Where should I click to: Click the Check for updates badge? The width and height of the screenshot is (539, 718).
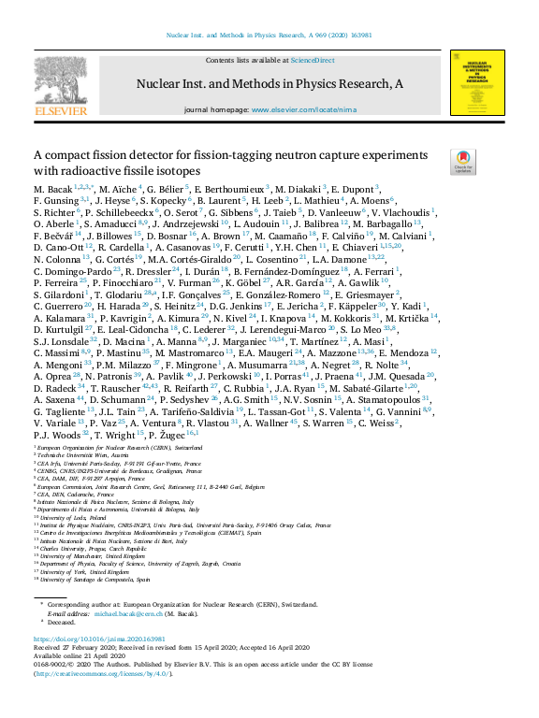(x=461, y=162)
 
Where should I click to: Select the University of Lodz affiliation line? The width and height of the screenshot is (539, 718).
(x=65, y=516)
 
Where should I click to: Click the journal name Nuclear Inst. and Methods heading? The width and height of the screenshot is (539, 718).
(x=270, y=84)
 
